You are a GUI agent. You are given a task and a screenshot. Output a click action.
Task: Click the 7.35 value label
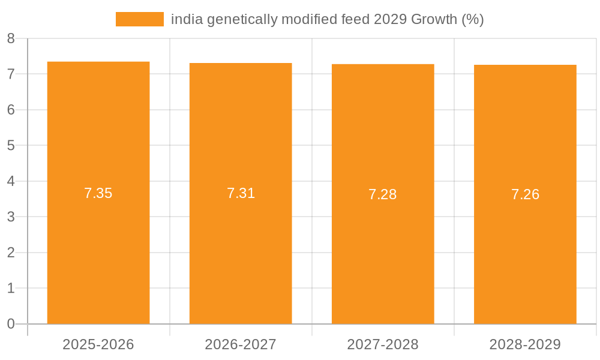click(x=98, y=193)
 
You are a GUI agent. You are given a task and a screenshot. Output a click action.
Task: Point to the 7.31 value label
click(x=241, y=193)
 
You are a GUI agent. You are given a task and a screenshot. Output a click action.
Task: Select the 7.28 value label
click(x=383, y=194)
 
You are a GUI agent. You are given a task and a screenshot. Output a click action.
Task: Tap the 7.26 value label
click(x=525, y=194)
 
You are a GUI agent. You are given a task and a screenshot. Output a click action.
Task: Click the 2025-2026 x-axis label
click(x=98, y=344)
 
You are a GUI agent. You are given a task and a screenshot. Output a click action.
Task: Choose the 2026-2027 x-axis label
click(x=241, y=344)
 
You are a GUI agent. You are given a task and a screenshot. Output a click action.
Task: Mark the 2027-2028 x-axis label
click(x=383, y=344)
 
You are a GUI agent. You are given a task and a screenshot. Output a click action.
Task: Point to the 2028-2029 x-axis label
click(x=525, y=344)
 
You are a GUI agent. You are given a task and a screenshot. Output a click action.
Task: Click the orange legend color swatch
click(x=139, y=19)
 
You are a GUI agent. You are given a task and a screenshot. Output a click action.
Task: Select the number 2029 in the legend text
click(x=390, y=20)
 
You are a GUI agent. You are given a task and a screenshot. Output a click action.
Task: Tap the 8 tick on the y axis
click(x=11, y=38)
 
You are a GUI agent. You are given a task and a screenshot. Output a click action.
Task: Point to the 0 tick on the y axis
click(x=11, y=324)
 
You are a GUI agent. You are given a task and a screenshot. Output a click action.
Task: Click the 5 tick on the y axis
click(x=11, y=145)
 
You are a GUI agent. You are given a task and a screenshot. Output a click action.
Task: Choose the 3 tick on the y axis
click(x=11, y=217)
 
